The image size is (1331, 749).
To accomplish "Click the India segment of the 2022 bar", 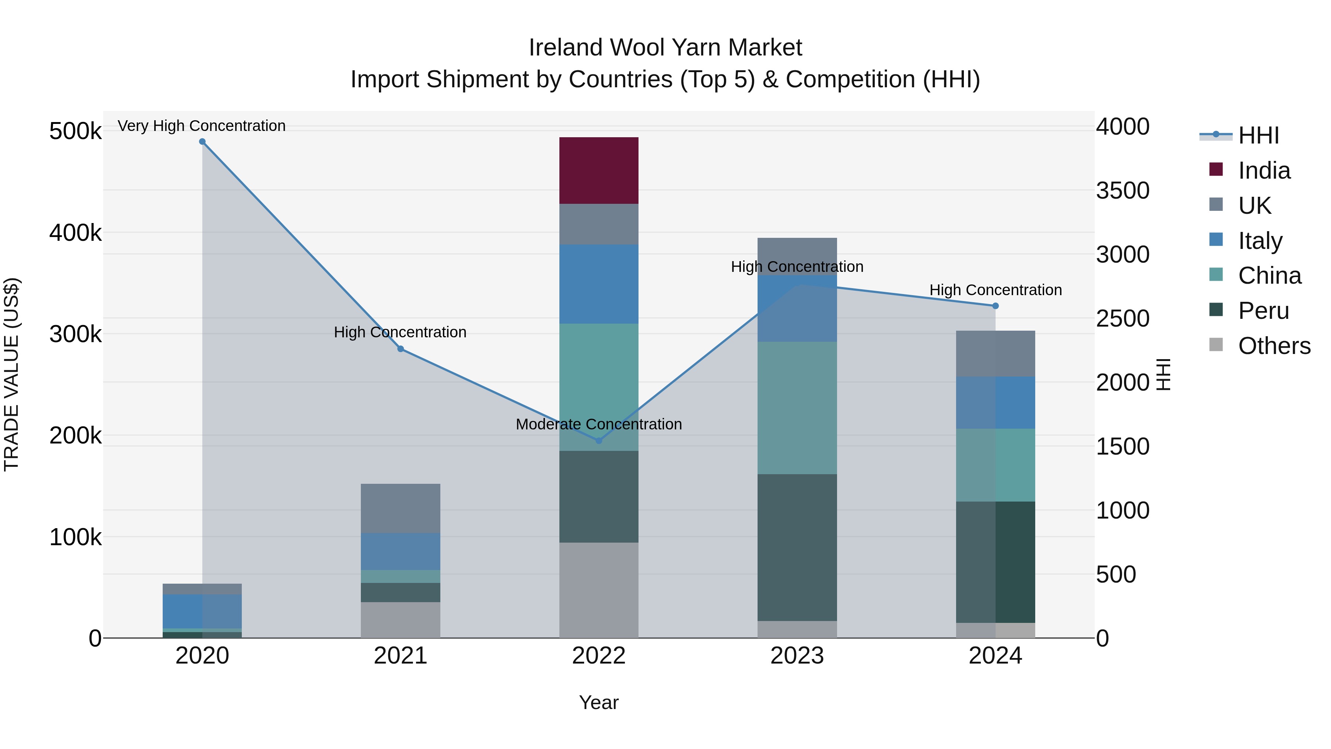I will [x=599, y=171].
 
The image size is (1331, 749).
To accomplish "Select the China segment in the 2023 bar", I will [x=797, y=408].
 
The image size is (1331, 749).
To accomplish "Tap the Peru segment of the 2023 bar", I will [x=797, y=547].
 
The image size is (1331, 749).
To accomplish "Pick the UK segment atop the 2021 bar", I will [x=400, y=508].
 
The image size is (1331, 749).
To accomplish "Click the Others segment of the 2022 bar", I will [x=599, y=590].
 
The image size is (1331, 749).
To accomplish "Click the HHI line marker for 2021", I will [x=400, y=349].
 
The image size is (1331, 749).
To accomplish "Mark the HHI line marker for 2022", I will [x=599, y=441].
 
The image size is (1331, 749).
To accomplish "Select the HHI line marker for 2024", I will [x=996, y=306].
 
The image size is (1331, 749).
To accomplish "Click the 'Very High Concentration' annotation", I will [x=201, y=126].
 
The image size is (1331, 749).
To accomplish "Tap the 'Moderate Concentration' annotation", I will [x=599, y=424].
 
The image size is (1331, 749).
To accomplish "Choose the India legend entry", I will [x=1264, y=171].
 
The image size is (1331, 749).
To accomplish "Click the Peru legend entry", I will [x=1263, y=311].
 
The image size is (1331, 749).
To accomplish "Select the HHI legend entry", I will [x=1259, y=135].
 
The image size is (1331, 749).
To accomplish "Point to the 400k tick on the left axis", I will [x=75, y=233].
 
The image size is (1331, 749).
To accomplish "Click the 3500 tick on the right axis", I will [x=1122, y=190].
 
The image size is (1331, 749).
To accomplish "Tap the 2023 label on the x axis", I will [x=797, y=656].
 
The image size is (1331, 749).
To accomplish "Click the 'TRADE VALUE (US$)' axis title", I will [x=11, y=374].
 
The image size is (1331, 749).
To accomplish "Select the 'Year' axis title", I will [x=599, y=702].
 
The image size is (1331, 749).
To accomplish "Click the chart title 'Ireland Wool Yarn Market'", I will [x=665, y=48].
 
